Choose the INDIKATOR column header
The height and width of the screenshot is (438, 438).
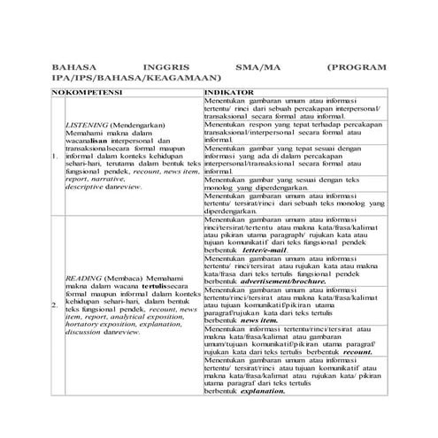230,92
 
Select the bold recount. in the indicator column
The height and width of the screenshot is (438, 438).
346,351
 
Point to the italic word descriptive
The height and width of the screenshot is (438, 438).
85,188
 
